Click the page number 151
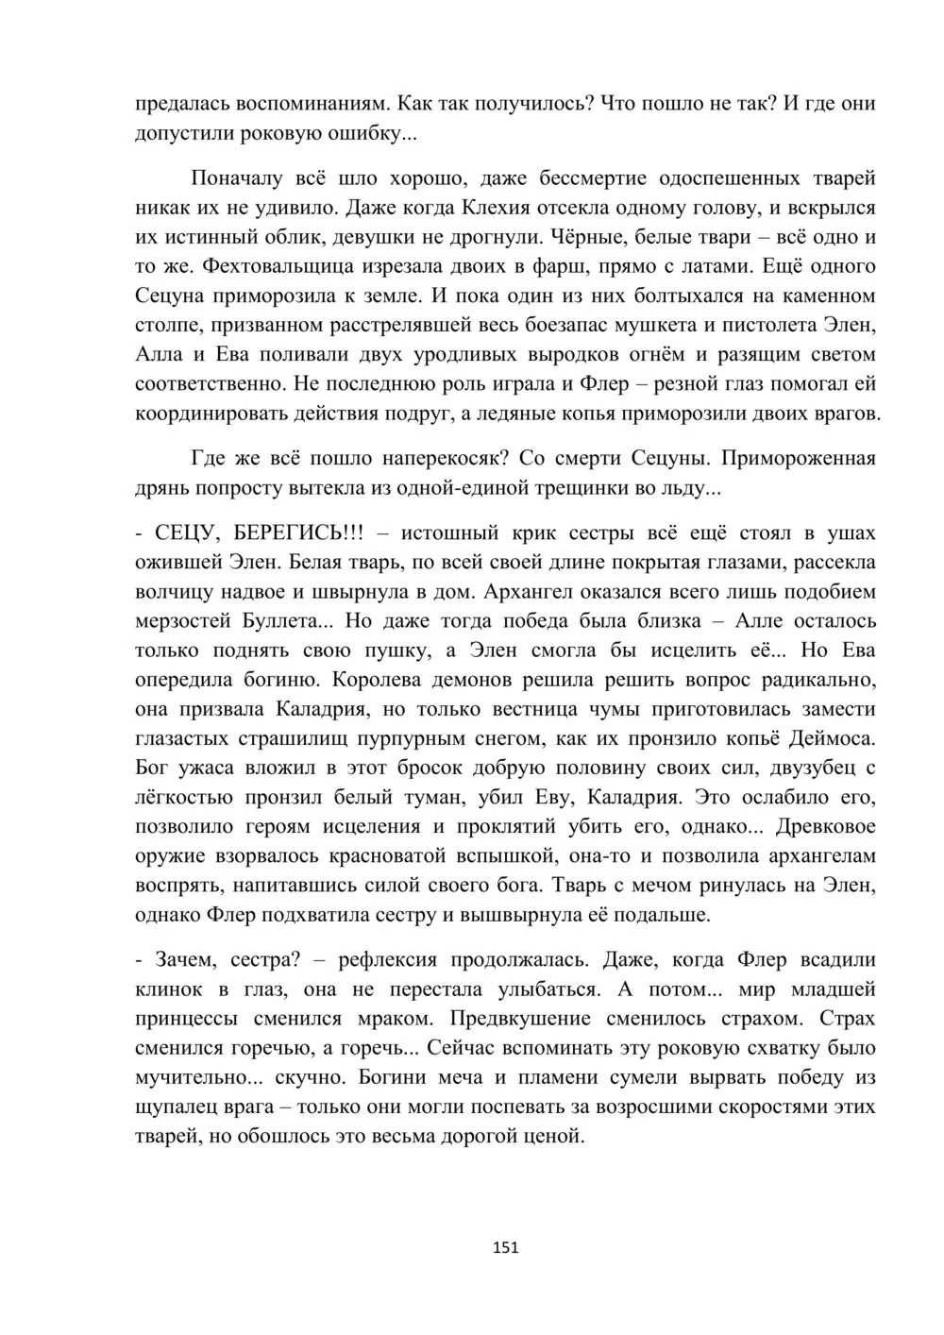point(506,1247)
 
